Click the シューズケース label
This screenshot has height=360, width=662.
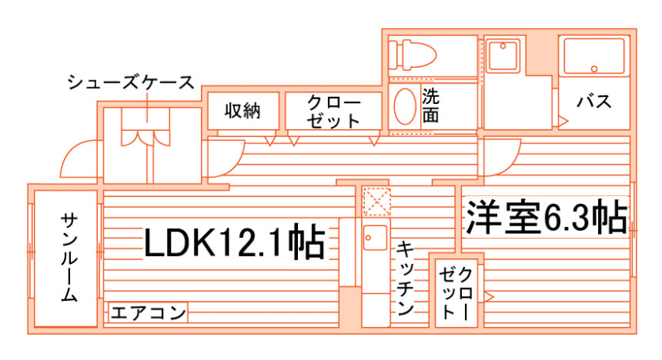coord(130,82)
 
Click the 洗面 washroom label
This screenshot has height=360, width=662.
coord(430,106)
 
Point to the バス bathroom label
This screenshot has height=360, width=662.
coord(594,101)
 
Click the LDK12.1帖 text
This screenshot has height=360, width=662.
coord(234,243)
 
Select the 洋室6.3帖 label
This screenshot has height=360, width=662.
coord(546,217)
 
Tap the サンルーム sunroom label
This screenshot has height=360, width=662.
coord(69,258)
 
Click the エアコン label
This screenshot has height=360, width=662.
coord(148,314)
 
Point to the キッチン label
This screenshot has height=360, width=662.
coord(405,278)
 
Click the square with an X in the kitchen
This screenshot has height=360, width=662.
coord(376,202)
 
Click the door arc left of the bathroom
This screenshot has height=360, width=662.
coord(500,158)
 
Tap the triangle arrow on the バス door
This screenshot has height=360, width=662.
coord(563,121)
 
